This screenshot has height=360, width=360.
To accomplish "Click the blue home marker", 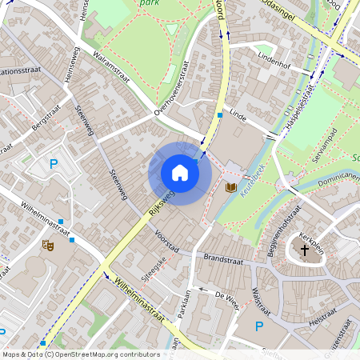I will point(180,173).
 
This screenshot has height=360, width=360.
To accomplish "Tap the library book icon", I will point(232,187).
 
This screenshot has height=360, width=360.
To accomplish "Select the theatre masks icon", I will point(47,247).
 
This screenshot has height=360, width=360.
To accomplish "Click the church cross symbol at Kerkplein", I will point(304,251).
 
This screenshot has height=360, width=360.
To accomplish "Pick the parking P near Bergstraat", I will point(54,165).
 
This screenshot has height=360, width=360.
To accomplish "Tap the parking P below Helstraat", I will point(258,326).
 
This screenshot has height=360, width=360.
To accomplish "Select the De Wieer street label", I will point(226,296).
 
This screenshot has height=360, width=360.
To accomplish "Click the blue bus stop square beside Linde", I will point(220,115).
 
